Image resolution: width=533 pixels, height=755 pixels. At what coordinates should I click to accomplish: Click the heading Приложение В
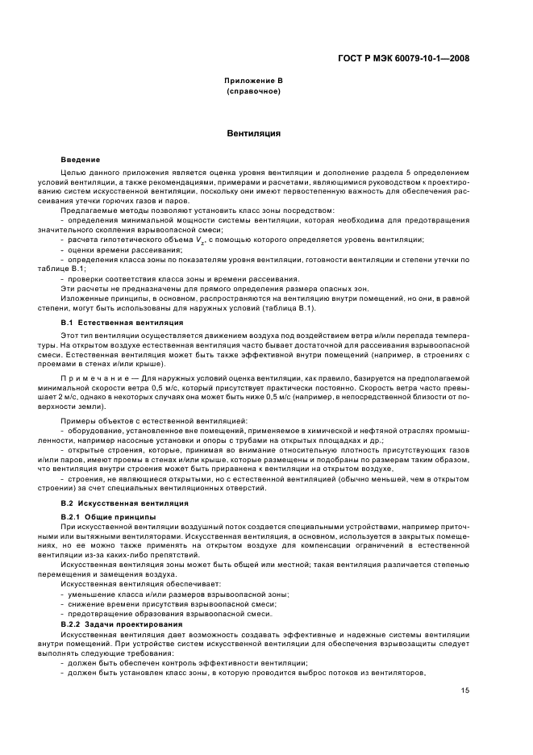click(253, 81)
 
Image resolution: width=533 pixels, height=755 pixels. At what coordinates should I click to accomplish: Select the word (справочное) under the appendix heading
click(253, 91)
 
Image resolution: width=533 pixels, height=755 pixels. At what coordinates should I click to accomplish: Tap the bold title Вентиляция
click(253, 133)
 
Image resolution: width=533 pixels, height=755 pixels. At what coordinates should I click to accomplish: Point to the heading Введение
click(81, 160)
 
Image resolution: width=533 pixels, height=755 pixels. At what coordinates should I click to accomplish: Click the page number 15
click(465, 690)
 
